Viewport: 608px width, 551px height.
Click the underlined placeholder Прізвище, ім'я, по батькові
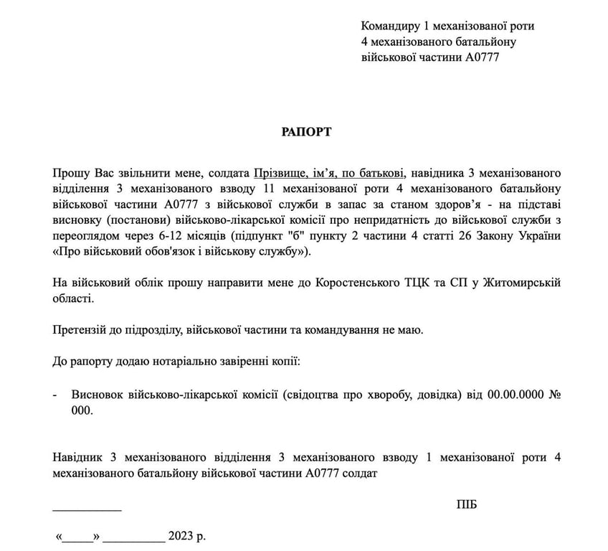click(329, 173)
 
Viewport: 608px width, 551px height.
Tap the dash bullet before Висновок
click(56, 395)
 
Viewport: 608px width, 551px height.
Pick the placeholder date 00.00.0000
click(514, 395)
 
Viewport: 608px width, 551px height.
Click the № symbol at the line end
click(554, 395)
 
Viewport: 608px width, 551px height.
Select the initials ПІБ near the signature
click(466, 504)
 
